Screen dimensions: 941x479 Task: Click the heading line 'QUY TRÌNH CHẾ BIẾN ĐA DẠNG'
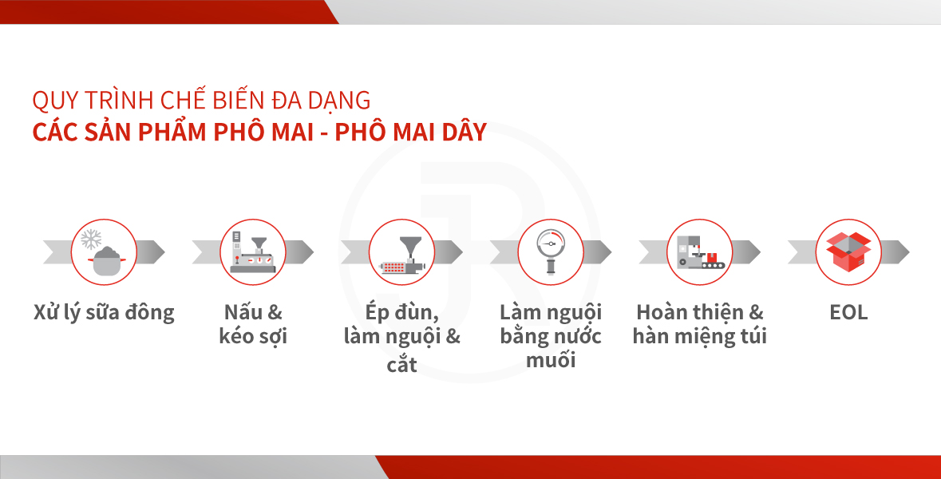coord(201,100)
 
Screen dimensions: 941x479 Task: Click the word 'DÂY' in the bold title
coord(465,132)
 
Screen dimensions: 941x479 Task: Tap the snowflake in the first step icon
coord(91,239)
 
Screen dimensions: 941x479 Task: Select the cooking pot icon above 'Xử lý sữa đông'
coord(108,261)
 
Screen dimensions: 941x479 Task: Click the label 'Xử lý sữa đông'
coord(104,313)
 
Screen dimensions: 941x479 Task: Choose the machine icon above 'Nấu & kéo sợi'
coord(253,252)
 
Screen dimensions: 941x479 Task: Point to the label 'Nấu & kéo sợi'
coord(253,324)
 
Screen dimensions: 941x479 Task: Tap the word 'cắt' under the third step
coord(401,364)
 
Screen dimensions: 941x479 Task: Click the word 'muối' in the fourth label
coord(551,360)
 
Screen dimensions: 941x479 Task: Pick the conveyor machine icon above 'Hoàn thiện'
coord(700,252)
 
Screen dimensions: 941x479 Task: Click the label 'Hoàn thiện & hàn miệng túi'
coord(700,324)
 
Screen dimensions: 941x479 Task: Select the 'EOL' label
coord(848,313)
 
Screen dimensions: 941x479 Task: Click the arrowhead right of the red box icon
coord(896,252)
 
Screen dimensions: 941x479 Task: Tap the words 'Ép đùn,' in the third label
coord(401,313)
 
